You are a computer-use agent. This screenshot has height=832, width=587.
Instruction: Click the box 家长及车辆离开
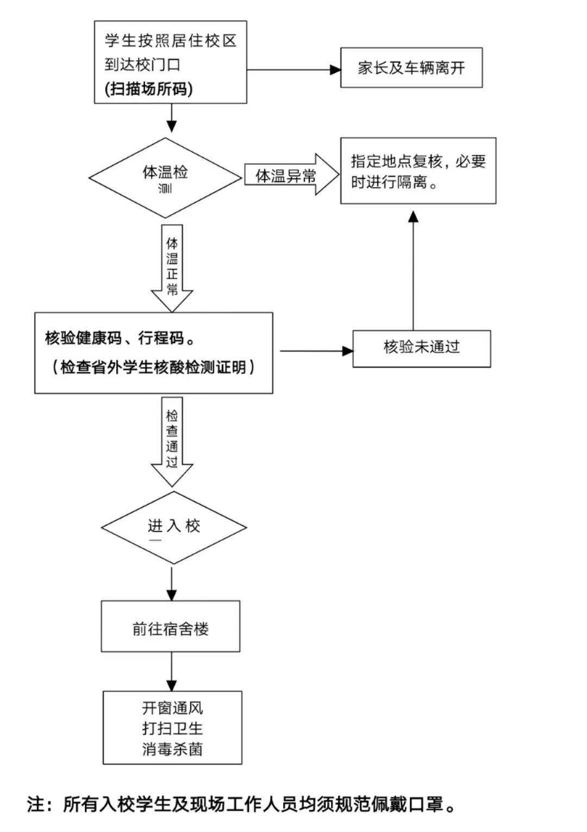(x=411, y=68)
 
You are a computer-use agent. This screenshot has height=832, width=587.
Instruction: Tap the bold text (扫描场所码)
(x=149, y=89)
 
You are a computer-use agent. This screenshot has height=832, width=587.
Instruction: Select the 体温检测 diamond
(x=165, y=178)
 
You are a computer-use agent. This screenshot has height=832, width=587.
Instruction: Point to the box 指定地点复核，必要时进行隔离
(x=418, y=171)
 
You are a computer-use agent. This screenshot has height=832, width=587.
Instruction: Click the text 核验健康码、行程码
(x=120, y=338)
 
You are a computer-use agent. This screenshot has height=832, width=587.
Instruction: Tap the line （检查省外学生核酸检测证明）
(x=153, y=368)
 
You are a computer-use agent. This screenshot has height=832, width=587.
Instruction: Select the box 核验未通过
(x=422, y=348)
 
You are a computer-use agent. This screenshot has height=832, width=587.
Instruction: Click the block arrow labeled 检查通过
(x=172, y=440)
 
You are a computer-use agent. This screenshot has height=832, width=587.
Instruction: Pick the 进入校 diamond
(x=174, y=527)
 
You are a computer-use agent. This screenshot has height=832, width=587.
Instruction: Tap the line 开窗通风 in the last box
(x=172, y=708)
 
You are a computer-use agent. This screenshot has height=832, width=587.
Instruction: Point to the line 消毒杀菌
(x=172, y=749)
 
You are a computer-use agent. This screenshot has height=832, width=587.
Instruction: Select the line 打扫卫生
(x=172, y=729)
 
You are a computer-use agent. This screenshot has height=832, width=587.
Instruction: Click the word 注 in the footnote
(x=36, y=804)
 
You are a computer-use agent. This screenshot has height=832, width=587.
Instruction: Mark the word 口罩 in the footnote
(x=425, y=804)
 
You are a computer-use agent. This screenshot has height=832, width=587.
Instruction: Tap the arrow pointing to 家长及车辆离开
(x=293, y=70)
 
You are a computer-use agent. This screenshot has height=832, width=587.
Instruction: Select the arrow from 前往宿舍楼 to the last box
(x=172, y=672)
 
